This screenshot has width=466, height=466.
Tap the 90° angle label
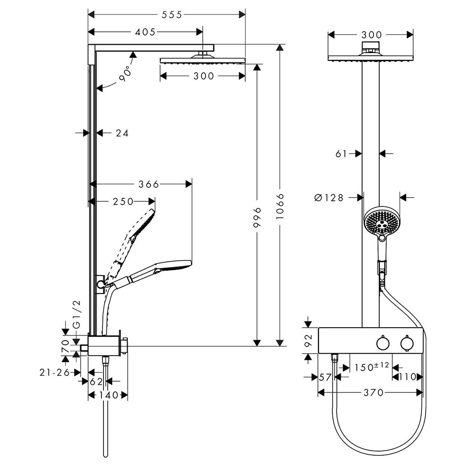(x=124, y=74)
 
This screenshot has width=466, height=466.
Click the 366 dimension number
(x=149, y=184)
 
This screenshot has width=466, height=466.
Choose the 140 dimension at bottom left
(x=108, y=395)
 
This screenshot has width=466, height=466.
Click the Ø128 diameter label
(x=329, y=198)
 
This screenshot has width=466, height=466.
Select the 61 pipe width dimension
(x=341, y=153)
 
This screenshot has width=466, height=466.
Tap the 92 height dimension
(x=307, y=341)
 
